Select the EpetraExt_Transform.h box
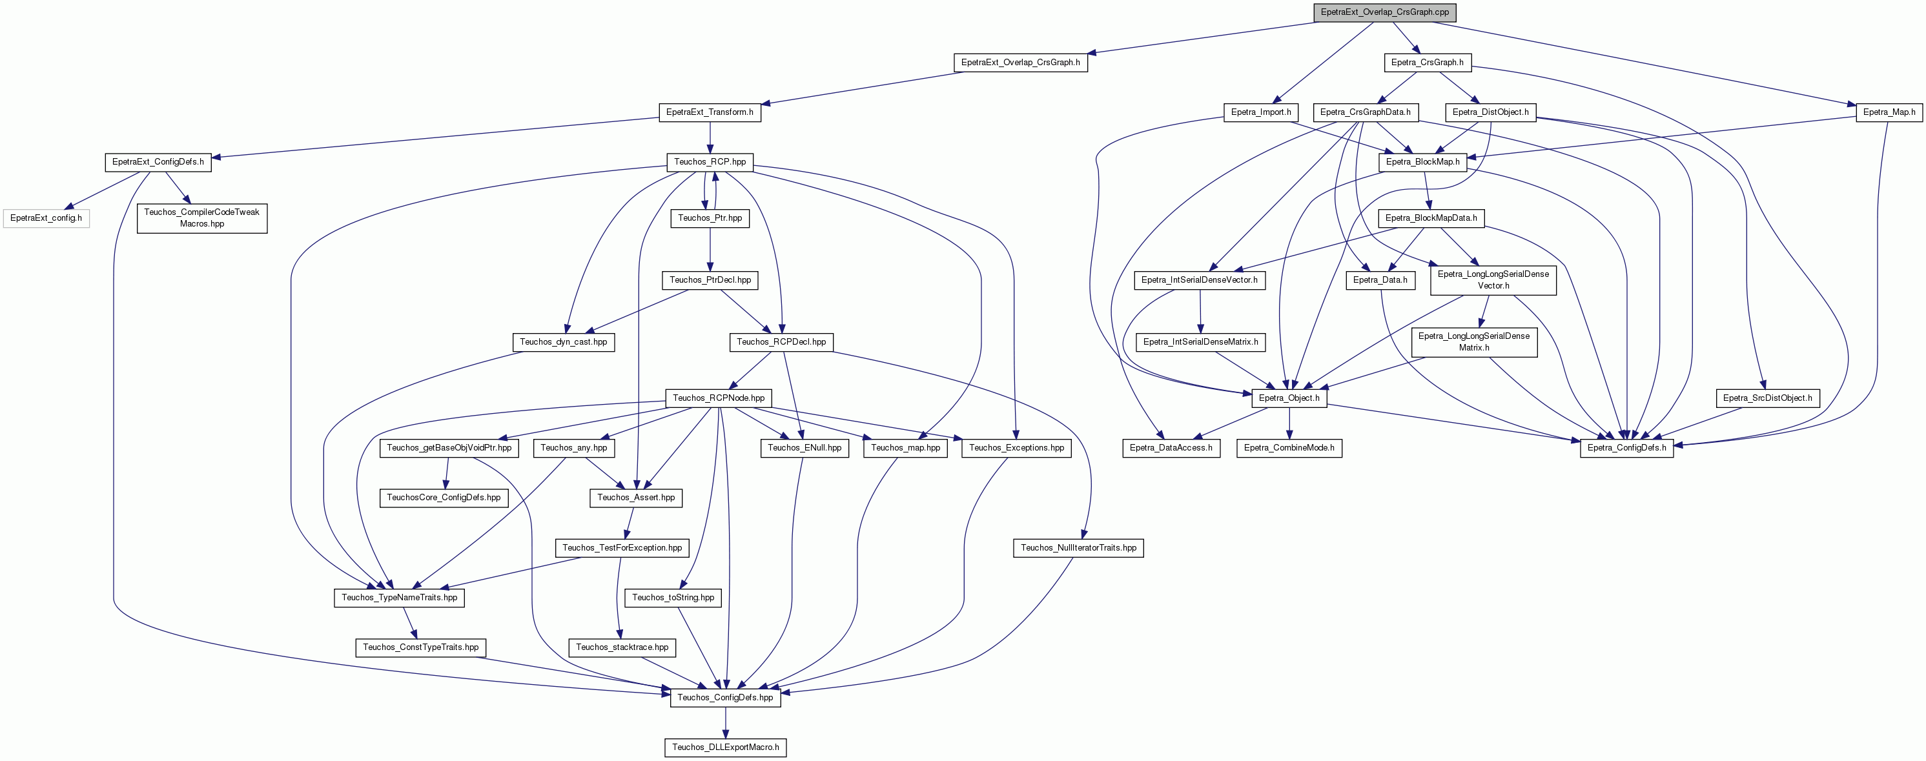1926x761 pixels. [710, 112]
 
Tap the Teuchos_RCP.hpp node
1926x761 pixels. [710, 161]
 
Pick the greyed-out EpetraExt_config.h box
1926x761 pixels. [46, 218]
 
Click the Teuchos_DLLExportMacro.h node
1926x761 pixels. [725, 747]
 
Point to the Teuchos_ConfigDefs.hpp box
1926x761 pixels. [725, 698]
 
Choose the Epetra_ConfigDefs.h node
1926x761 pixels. [1627, 448]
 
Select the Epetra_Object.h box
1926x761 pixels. [1289, 398]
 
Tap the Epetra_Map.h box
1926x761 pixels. [1889, 112]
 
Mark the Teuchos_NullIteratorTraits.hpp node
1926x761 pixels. [1078, 548]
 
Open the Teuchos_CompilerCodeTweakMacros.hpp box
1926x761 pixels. [202, 218]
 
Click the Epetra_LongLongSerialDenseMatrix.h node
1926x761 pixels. [1473, 341]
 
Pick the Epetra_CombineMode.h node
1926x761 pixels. [1289, 448]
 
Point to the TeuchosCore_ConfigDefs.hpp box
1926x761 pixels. [444, 498]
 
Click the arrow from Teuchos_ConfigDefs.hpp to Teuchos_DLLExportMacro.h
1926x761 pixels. [725, 722]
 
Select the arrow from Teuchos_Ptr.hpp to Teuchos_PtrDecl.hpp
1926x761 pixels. [710, 249]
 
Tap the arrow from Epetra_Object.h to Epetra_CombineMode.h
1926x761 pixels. [1289, 423]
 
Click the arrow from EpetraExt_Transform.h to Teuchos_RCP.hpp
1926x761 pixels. [710, 137]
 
